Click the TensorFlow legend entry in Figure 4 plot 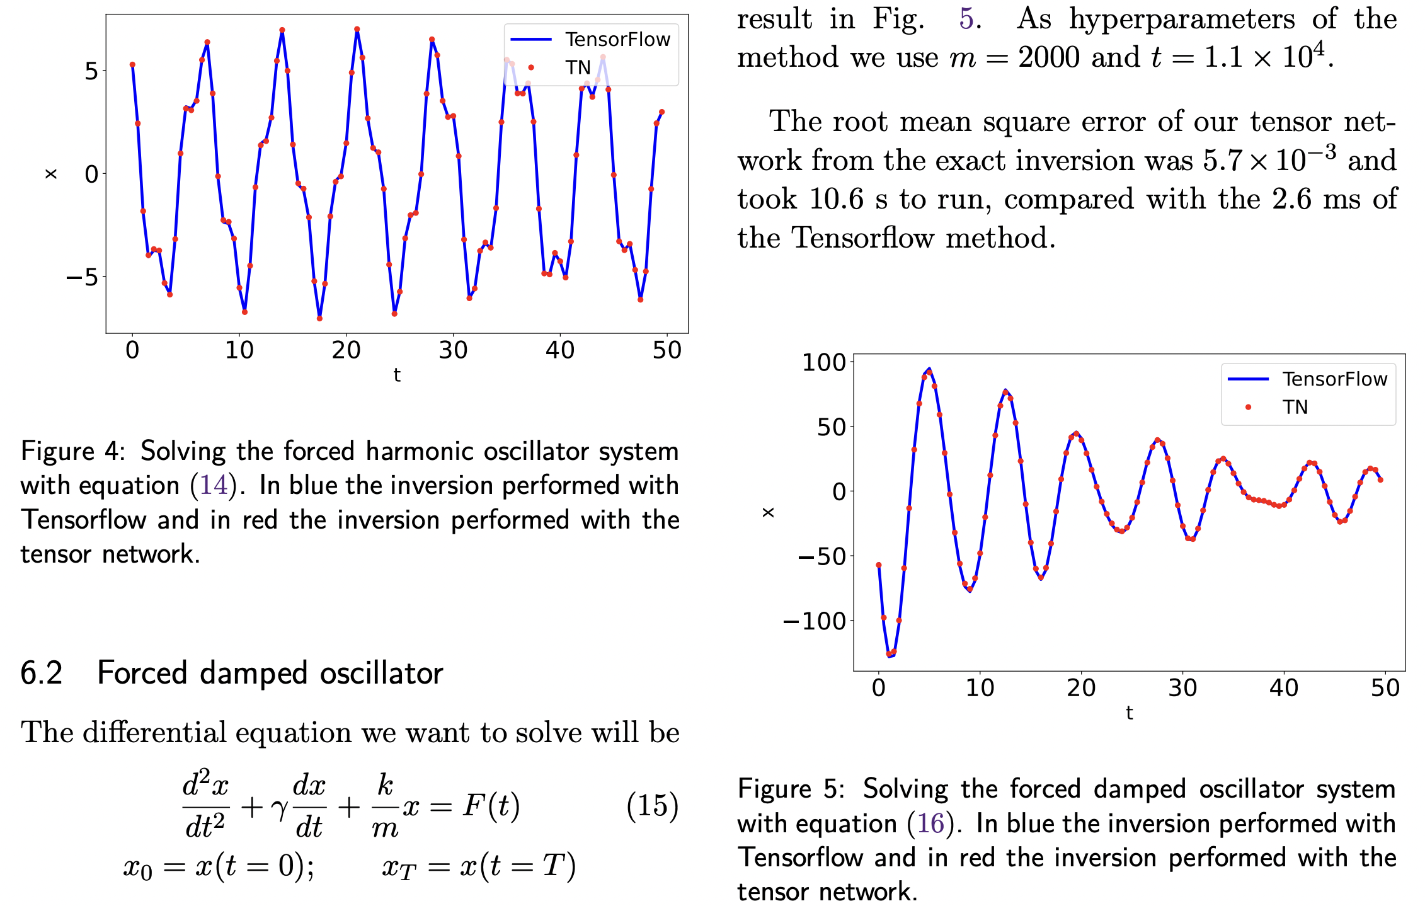617,40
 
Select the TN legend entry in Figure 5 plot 1295,407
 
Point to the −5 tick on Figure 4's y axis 83,277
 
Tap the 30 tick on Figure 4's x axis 453,350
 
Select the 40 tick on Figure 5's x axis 1283,687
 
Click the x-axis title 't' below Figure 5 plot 1129,713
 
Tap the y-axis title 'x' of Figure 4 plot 51,174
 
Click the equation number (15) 652,806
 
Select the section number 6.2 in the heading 42,673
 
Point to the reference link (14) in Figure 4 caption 213,485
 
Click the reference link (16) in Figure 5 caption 930,823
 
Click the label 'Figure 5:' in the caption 791,789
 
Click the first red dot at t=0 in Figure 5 878,565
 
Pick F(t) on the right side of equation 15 491,805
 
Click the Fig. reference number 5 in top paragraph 966,18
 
